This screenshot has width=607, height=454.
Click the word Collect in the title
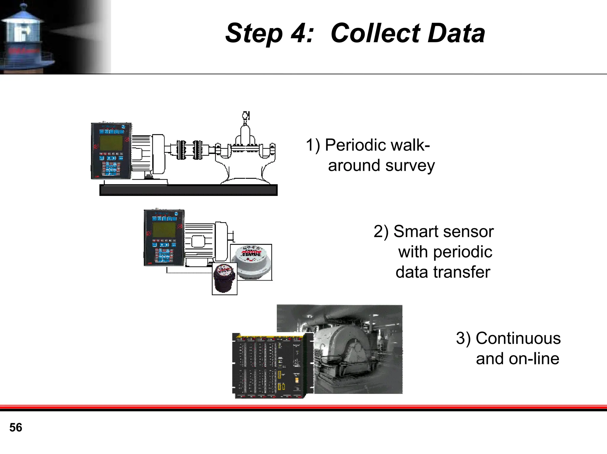pyautogui.click(x=375, y=33)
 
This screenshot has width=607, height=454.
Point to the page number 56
pyautogui.click(x=16, y=427)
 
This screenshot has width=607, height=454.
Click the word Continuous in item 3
pyautogui.click(x=518, y=338)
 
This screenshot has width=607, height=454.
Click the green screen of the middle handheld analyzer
pyautogui.click(x=164, y=230)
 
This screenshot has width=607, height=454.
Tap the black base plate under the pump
pyautogui.click(x=189, y=190)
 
